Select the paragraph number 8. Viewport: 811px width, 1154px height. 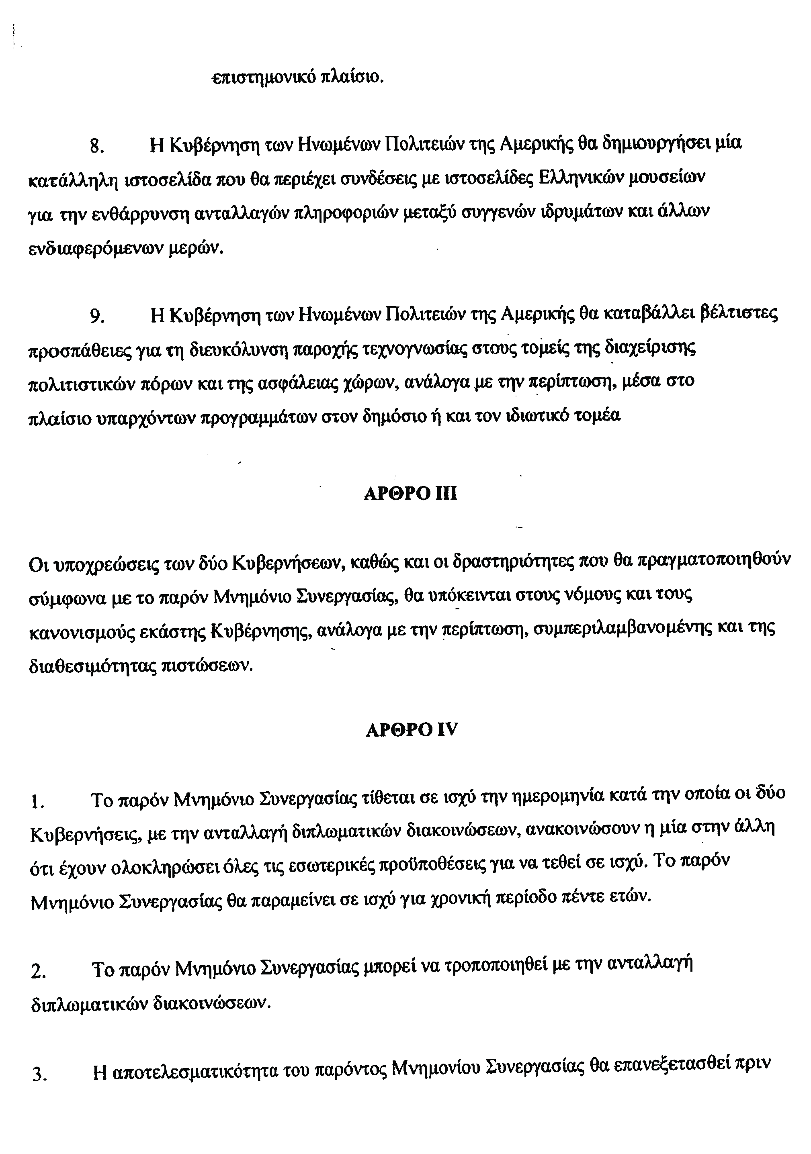(96, 146)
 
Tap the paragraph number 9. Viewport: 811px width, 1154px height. (96, 316)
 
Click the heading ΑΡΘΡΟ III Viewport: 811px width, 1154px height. (410, 494)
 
